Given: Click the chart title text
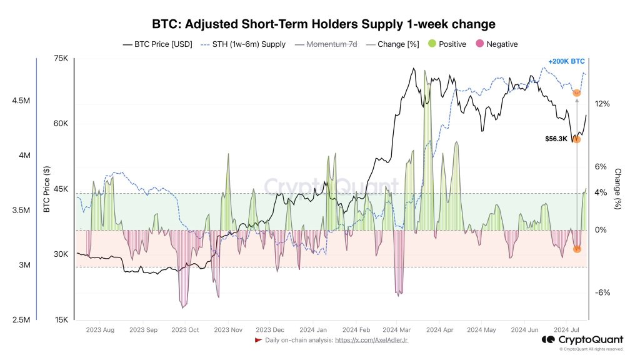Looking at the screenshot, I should [324, 24].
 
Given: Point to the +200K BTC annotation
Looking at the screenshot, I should [566, 61].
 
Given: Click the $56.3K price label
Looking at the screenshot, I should [556, 139].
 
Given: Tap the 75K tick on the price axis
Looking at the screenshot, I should [61, 59].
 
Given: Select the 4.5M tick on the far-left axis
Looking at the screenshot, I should [21, 101].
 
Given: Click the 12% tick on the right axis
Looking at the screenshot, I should [601, 104].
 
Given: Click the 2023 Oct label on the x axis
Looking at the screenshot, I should [184, 329].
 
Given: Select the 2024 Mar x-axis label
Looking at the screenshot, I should [396, 329].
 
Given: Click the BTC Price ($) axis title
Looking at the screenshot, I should [47, 189].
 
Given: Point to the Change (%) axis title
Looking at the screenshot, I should [617, 189].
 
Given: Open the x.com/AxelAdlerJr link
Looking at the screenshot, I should [371, 340].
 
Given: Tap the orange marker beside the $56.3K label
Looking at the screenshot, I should [576, 139].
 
